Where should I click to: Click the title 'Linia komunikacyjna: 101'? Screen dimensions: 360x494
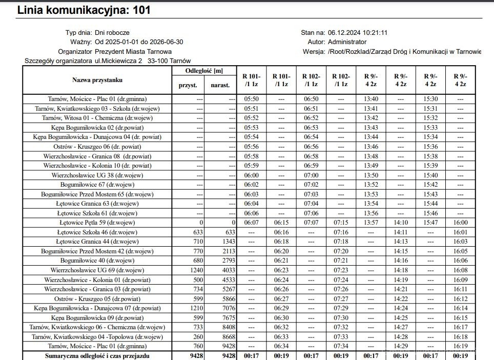84,10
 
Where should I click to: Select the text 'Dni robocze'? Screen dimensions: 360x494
112,32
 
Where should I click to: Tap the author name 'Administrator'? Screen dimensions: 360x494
347,42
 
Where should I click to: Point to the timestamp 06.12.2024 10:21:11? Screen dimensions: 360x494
357,32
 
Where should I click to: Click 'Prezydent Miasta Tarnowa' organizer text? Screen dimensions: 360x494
133,51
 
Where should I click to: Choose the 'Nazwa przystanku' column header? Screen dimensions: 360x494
97,80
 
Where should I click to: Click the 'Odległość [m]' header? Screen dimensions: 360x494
204,71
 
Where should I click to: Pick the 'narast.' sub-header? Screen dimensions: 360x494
221,86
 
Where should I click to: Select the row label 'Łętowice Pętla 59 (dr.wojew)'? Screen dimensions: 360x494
97,223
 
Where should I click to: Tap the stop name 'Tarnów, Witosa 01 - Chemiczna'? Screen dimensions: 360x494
97,118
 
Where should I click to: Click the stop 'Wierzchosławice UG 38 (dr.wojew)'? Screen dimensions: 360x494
97,175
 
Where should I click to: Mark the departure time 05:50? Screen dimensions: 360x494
251,99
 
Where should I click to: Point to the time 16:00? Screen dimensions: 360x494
461,223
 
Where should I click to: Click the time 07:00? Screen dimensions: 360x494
311,175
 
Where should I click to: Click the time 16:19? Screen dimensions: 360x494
461,346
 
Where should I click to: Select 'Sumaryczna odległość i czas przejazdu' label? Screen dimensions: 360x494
97,356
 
